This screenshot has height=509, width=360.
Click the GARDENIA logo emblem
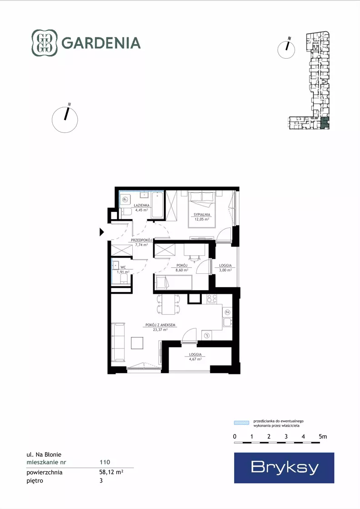click(44, 43)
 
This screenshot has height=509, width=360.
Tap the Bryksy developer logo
click(284, 468)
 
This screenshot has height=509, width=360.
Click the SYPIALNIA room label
click(202, 215)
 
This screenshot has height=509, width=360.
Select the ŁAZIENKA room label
click(142, 206)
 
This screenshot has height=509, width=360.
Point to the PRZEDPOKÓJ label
click(141, 240)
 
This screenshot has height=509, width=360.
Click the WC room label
click(123, 267)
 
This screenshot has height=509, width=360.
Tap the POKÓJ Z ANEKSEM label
click(160, 325)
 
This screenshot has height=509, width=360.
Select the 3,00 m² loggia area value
click(225, 270)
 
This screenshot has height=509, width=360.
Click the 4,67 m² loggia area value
click(195, 359)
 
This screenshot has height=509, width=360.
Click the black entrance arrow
click(101, 232)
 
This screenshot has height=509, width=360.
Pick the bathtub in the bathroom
click(158, 205)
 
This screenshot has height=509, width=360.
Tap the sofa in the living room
click(118, 342)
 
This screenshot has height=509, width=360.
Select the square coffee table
click(137, 343)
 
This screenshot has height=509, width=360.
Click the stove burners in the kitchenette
click(212, 299)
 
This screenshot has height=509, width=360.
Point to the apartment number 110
click(105, 462)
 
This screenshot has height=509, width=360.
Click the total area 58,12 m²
click(111, 472)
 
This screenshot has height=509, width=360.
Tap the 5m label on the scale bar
click(323, 436)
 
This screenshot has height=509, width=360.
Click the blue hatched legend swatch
click(242, 423)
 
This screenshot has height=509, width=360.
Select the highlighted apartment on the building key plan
click(325, 123)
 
